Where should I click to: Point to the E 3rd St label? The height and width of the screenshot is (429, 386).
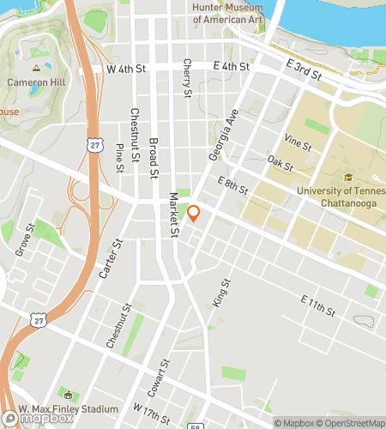(x=304, y=69)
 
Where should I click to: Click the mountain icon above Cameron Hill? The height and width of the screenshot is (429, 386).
(x=36, y=67)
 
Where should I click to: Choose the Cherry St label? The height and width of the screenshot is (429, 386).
(x=186, y=78)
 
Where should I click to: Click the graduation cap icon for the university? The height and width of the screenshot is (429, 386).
(x=348, y=178)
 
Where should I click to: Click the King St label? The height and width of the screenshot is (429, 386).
(x=220, y=294)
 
